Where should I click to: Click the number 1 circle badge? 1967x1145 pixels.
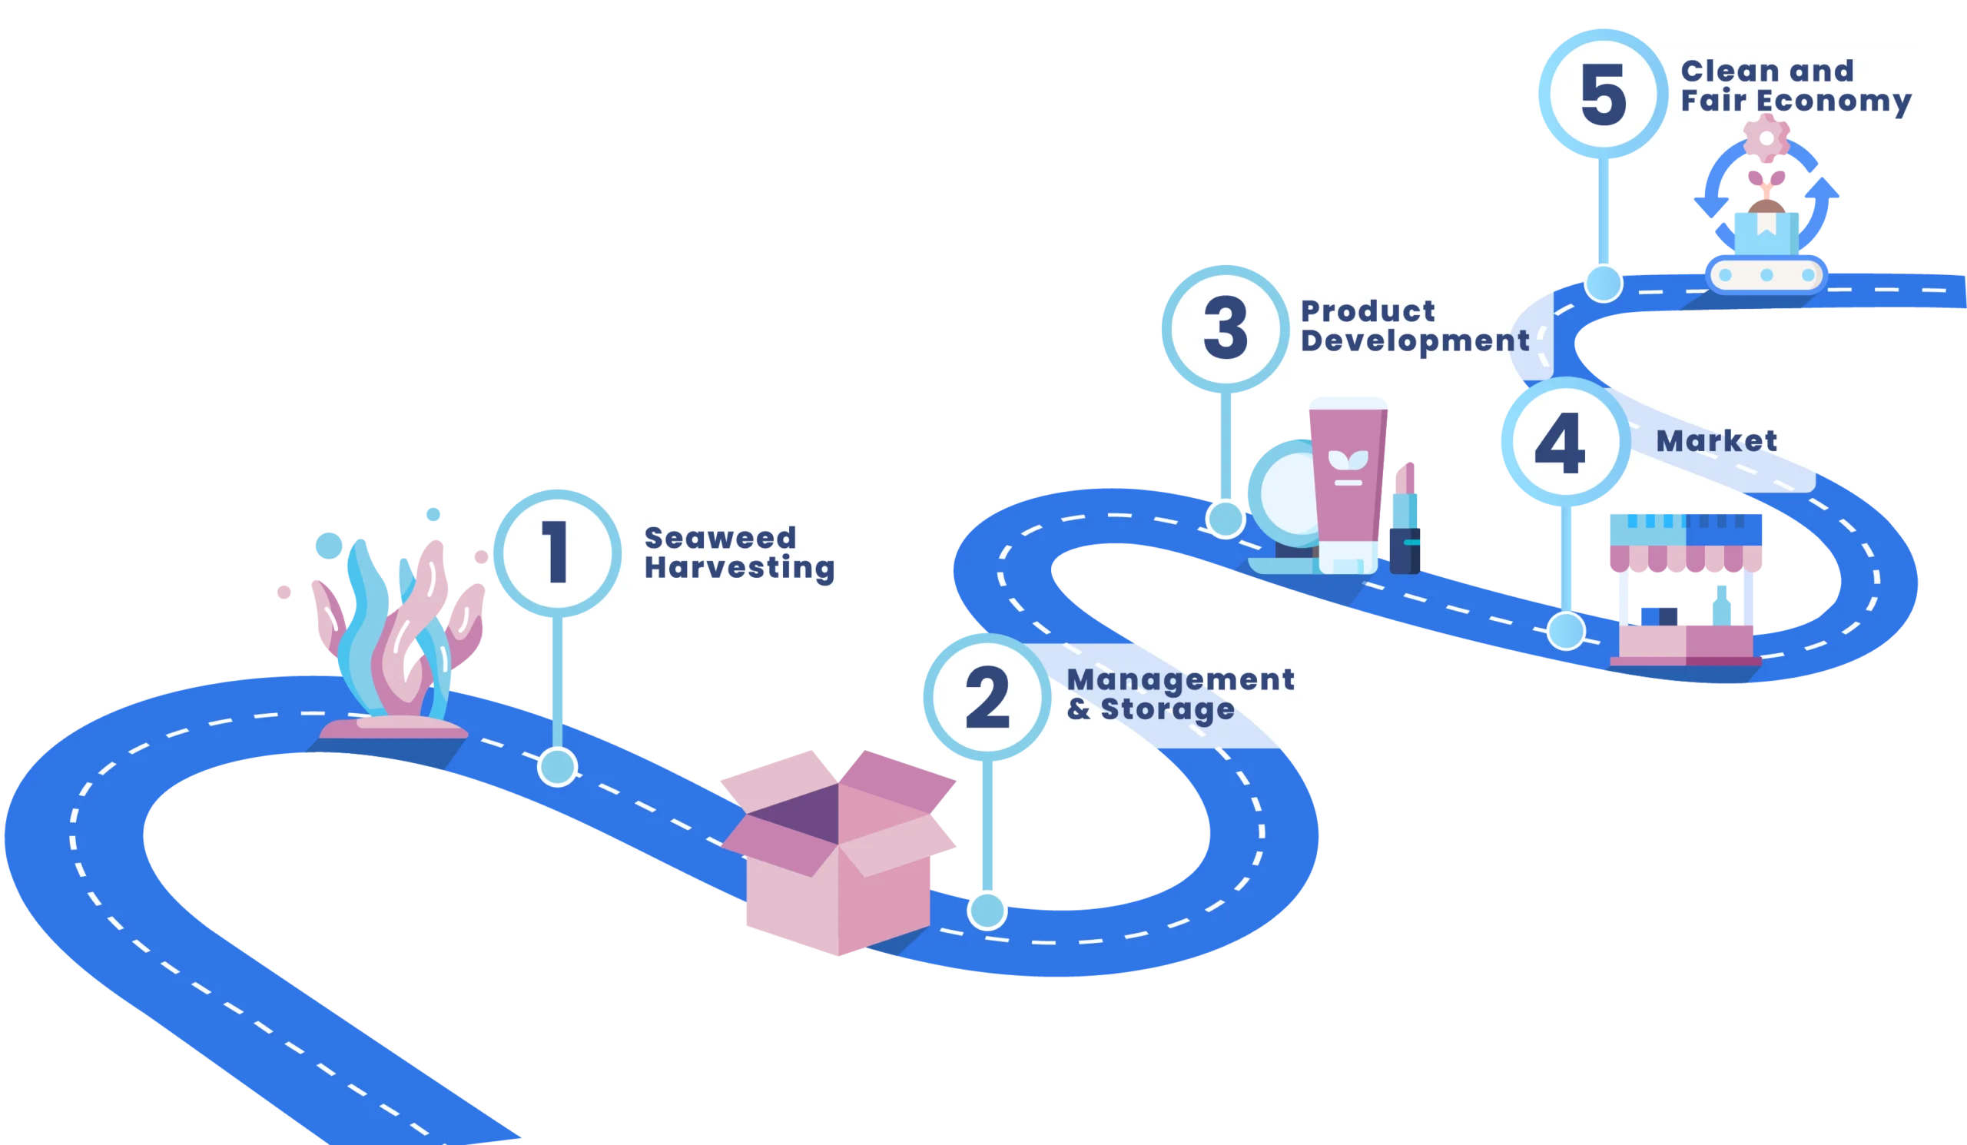tap(556, 553)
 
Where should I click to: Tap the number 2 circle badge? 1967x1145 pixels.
tap(987, 697)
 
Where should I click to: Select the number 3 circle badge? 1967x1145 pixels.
tap(1225, 329)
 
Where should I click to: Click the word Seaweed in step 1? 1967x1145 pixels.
tap(720, 538)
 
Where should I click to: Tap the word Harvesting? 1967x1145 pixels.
tap(739, 568)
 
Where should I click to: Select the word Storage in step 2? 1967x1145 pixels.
tap(1168, 709)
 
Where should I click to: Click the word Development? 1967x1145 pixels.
tap(1415, 342)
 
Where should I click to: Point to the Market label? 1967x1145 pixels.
tap(1717, 442)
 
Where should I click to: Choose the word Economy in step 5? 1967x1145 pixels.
tap(1829, 101)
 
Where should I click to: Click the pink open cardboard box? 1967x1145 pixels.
tap(839, 851)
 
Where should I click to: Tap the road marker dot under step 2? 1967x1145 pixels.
tap(987, 911)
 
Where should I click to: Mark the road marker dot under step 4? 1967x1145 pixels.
tap(1566, 631)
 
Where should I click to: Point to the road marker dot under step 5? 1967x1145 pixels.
tap(1603, 283)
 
